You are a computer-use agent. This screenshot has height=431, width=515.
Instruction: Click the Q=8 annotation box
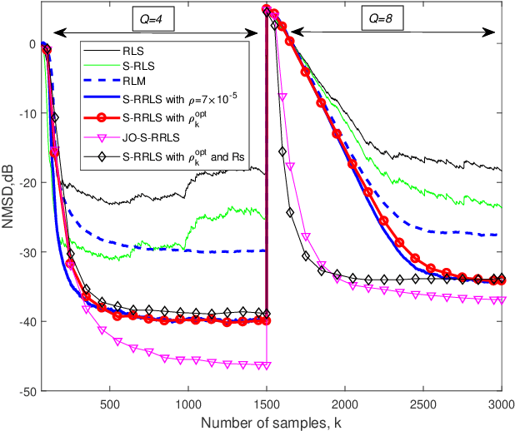pyautogui.click(x=385, y=17)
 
